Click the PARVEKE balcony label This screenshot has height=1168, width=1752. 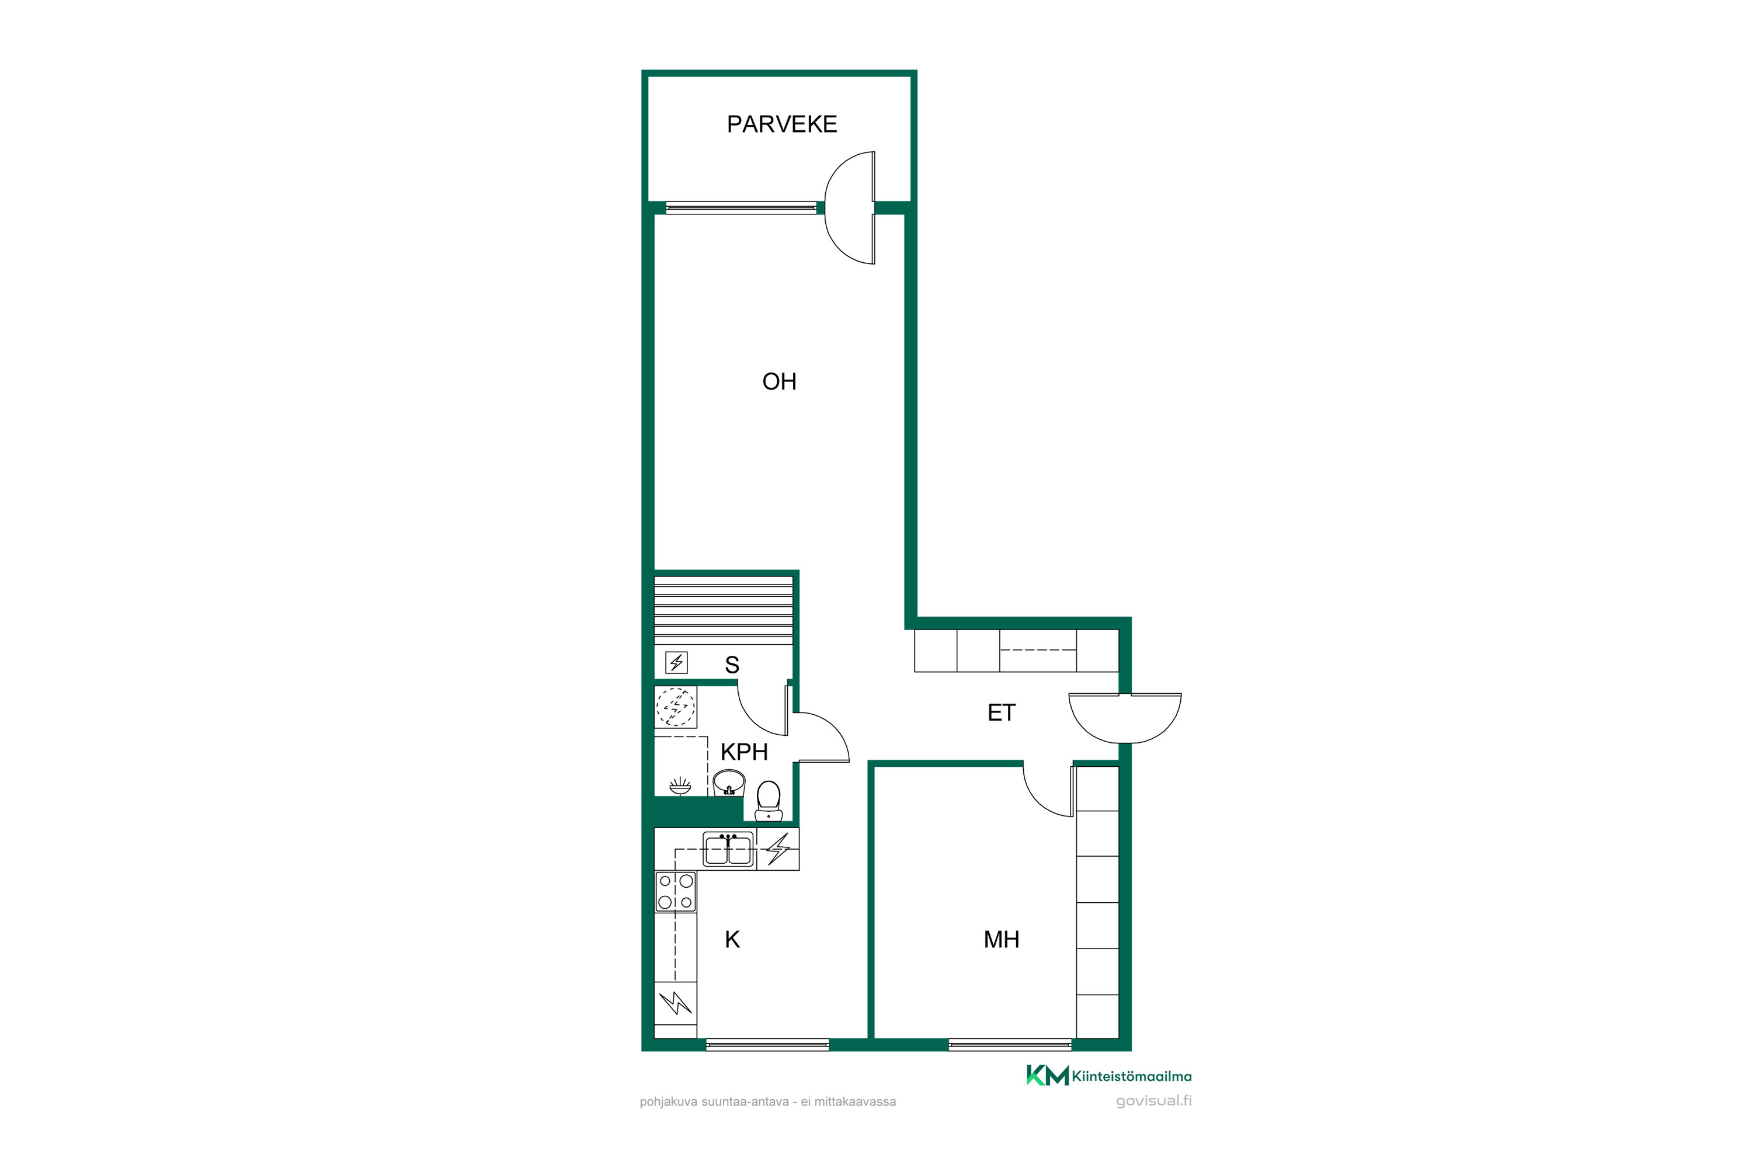point(781,124)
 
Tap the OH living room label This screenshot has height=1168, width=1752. point(779,381)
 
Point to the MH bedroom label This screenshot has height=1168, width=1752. point(1001,939)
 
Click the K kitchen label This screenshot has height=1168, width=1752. point(732,939)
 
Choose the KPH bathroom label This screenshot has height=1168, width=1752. point(743,752)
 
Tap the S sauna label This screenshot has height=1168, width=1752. point(732,665)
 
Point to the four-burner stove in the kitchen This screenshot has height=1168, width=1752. point(676,892)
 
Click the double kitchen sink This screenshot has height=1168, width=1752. point(728,849)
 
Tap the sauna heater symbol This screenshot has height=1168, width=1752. point(676,662)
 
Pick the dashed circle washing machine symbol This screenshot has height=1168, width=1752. point(676,706)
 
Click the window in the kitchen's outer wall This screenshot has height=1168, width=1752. point(767,1044)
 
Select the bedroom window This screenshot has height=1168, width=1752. point(1010,1044)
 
